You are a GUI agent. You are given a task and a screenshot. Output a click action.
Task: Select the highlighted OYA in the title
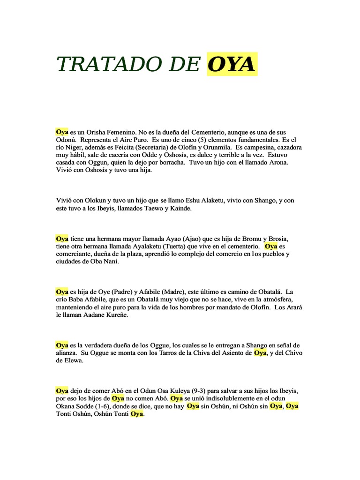pos(232,65)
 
